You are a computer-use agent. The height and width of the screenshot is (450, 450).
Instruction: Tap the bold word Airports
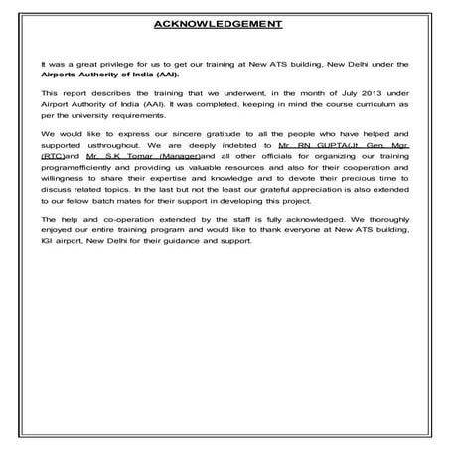(x=60, y=73)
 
